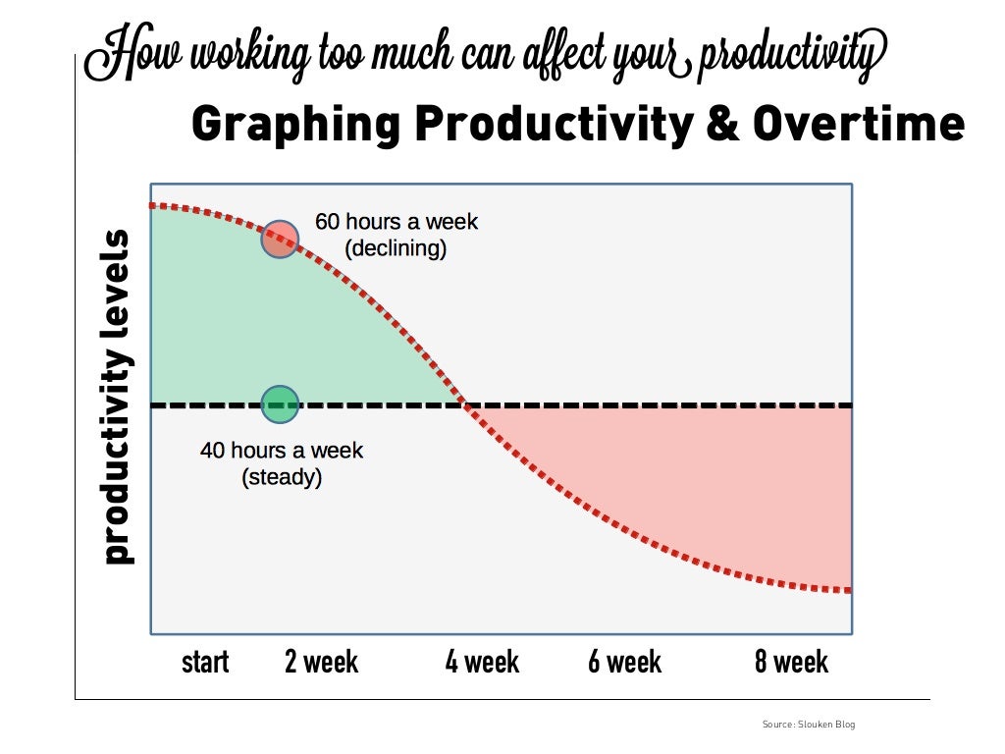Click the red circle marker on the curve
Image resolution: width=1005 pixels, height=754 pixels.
(x=280, y=239)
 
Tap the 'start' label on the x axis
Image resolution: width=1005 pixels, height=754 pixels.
(x=205, y=663)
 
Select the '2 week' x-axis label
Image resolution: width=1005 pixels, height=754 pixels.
(x=321, y=663)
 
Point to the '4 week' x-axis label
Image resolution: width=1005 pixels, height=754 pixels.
(x=482, y=663)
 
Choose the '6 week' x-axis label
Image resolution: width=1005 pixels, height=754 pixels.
(x=625, y=663)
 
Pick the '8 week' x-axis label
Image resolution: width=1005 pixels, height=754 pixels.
(x=791, y=663)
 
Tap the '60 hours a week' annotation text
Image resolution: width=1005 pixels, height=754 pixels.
(x=397, y=222)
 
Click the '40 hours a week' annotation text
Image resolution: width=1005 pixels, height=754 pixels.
(x=282, y=452)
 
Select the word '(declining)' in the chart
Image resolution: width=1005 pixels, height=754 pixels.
(x=396, y=248)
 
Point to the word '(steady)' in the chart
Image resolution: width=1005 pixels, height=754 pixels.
(x=282, y=478)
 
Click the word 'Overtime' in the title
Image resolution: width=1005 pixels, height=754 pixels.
(x=859, y=125)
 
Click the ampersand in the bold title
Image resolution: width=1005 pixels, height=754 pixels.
(x=721, y=125)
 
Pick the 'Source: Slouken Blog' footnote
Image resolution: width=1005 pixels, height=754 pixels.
(x=809, y=725)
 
